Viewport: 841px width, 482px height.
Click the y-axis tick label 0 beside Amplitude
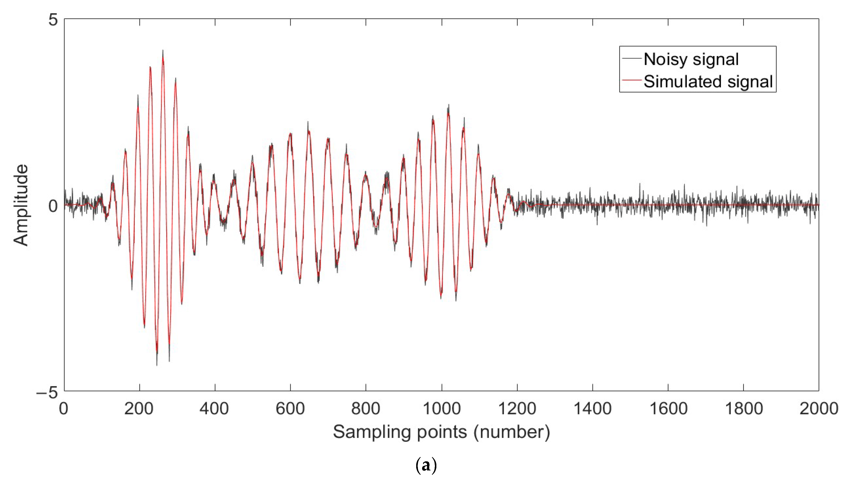click(53, 206)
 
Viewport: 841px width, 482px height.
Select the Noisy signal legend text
click(691, 59)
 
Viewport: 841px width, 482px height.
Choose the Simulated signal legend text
click(708, 81)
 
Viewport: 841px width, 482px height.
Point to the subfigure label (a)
click(426, 466)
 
